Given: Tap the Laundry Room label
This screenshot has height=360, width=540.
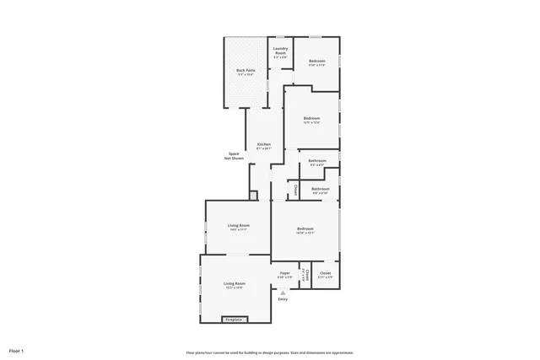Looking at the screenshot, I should [x=281, y=52].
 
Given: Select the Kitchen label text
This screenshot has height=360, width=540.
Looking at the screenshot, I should [x=264, y=145].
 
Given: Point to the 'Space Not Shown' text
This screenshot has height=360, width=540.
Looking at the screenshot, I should [x=234, y=156].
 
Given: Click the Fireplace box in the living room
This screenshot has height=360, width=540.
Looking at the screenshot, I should [x=233, y=320].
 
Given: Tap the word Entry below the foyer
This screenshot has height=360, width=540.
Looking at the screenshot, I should [x=283, y=299].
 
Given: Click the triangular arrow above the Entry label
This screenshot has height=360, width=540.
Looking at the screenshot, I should [x=283, y=292].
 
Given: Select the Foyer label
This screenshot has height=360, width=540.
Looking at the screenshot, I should [x=285, y=273].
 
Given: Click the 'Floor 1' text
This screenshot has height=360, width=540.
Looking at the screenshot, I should [x=17, y=350].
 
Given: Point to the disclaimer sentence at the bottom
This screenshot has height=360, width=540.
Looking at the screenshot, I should [x=270, y=352].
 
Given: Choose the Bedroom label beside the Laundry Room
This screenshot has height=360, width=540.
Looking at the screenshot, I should [x=316, y=62].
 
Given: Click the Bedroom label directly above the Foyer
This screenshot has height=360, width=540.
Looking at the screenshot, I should [x=305, y=229].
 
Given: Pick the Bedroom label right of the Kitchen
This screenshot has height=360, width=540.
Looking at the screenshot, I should [x=311, y=119].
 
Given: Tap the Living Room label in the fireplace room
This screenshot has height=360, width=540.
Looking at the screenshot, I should [x=235, y=283].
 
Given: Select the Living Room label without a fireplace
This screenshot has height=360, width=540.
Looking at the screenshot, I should [x=239, y=225].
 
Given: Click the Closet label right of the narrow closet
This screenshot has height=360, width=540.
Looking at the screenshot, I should [x=325, y=274].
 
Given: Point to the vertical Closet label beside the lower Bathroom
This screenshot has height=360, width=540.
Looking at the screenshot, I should [x=295, y=191].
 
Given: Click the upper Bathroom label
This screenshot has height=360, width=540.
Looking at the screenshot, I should [x=317, y=160].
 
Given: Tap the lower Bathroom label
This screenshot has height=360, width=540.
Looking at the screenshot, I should [x=321, y=189].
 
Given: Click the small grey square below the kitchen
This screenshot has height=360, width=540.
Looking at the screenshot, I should [x=253, y=195].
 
